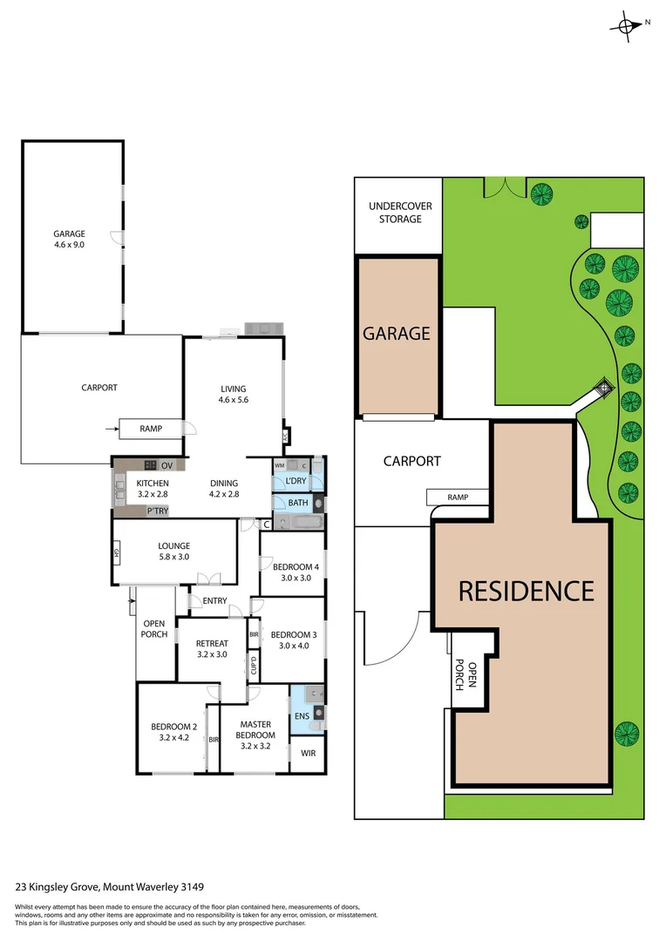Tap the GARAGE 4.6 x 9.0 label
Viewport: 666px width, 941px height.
point(70,240)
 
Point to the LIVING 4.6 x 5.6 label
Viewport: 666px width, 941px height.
point(233,395)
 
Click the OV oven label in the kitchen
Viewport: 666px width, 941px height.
point(167,465)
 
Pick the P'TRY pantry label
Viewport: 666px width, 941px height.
point(158,511)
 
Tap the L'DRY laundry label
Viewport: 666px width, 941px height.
point(295,481)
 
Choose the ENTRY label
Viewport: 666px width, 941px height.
point(214,601)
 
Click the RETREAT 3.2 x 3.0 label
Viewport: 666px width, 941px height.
point(212,649)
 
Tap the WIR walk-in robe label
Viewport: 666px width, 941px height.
point(308,753)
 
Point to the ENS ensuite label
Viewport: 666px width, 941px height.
point(302,717)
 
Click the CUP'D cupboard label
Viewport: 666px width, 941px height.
point(254,666)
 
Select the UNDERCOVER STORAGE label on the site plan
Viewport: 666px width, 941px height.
point(400,213)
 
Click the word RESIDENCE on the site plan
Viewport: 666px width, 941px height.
point(527,591)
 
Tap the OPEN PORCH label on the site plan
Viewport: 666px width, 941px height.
point(466,675)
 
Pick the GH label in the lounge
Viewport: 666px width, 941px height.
point(116,552)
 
